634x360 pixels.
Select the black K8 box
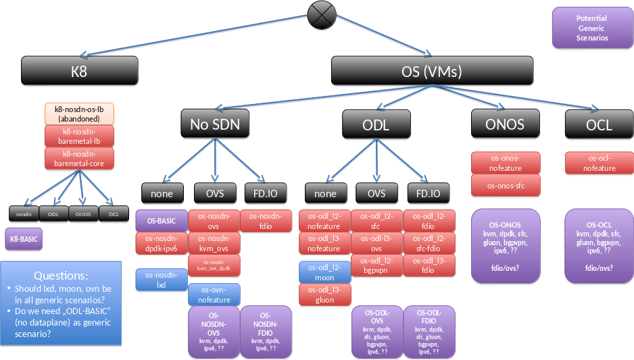coord(80,70)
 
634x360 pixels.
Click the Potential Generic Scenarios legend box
coord(592,28)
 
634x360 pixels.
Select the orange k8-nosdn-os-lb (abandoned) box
coord(80,113)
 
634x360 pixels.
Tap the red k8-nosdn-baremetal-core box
coord(80,159)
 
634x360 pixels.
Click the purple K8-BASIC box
coord(24,239)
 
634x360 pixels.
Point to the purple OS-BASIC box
coord(162,220)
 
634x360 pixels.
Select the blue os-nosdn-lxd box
coord(162,280)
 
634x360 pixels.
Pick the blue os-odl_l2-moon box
coord(324,272)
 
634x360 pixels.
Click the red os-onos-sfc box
coord(506,184)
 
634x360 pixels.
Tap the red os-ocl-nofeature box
coord(599,163)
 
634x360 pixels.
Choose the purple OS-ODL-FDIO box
coord(429,331)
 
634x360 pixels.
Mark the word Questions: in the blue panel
coord(61,276)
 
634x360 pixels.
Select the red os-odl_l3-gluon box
coord(324,294)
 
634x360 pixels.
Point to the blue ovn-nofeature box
coord(214,294)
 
